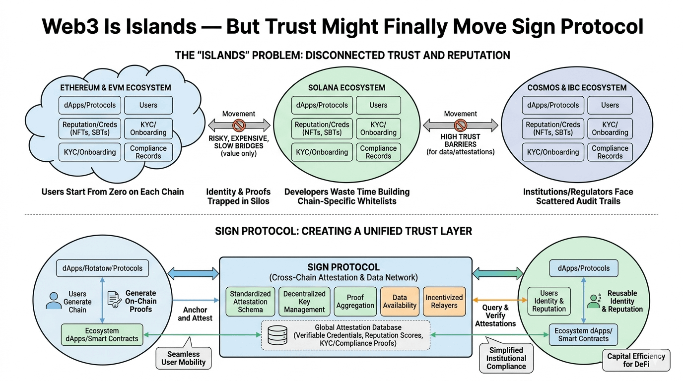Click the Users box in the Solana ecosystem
click(x=378, y=105)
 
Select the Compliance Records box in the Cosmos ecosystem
click(x=610, y=152)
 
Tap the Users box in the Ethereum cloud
click(x=148, y=105)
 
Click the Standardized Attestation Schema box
click(x=250, y=302)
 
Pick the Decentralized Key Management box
click(x=304, y=302)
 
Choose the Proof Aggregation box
click(x=355, y=302)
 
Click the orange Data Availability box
click(x=400, y=302)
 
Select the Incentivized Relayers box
click(x=444, y=302)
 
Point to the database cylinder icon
click(x=277, y=335)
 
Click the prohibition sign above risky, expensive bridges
click(x=239, y=125)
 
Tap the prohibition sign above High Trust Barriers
click(x=461, y=125)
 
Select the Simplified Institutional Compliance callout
click(x=506, y=359)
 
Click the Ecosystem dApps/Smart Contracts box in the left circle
click(x=102, y=335)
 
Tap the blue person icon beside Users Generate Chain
click(x=54, y=301)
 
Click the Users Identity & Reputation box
click(x=548, y=301)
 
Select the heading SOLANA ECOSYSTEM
click(x=346, y=88)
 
